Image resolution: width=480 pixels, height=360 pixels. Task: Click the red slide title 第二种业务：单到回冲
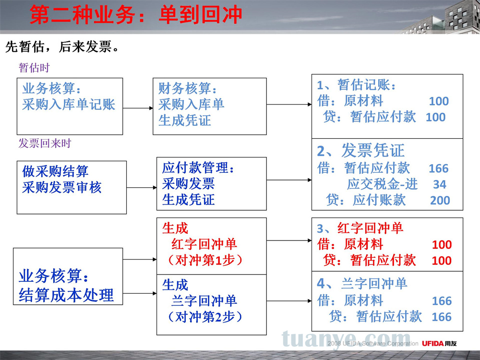pyautogui.click(x=136, y=15)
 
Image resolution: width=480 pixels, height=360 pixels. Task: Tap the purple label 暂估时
pyautogui.click(x=34, y=68)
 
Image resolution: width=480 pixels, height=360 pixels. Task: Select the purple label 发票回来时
pyautogui.click(x=45, y=143)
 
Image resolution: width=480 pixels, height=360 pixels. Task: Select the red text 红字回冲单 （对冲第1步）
pyautogui.click(x=204, y=252)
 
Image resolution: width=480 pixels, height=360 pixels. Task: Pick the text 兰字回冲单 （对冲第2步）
pyautogui.click(x=204, y=309)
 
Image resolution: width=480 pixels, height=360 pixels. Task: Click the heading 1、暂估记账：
pyautogui.click(x=356, y=85)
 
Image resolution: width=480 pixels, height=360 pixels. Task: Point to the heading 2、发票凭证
pyautogui.click(x=360, y=150)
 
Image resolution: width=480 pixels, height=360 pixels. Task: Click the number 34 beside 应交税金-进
pyautogui.click(x=440, y=184)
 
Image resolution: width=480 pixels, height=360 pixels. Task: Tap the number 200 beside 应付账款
pyautogui.click(x=440, y=200)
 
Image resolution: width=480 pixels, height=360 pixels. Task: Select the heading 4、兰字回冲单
pyautogui.click(x=362, y=284)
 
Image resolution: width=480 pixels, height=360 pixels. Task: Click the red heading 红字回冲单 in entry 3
pyautogui.click(x=371, y=228)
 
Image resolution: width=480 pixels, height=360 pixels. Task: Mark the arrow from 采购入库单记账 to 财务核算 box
pyautogui.click(x=138, y=108)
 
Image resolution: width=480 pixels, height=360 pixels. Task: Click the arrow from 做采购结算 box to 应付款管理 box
pyautogui.click(x=142, y=187)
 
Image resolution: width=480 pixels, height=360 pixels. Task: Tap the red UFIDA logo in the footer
pyautogui.click(x=439, y=344)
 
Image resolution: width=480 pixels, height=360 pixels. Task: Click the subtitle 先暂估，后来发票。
pyautogui.click(x=62, y=47)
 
